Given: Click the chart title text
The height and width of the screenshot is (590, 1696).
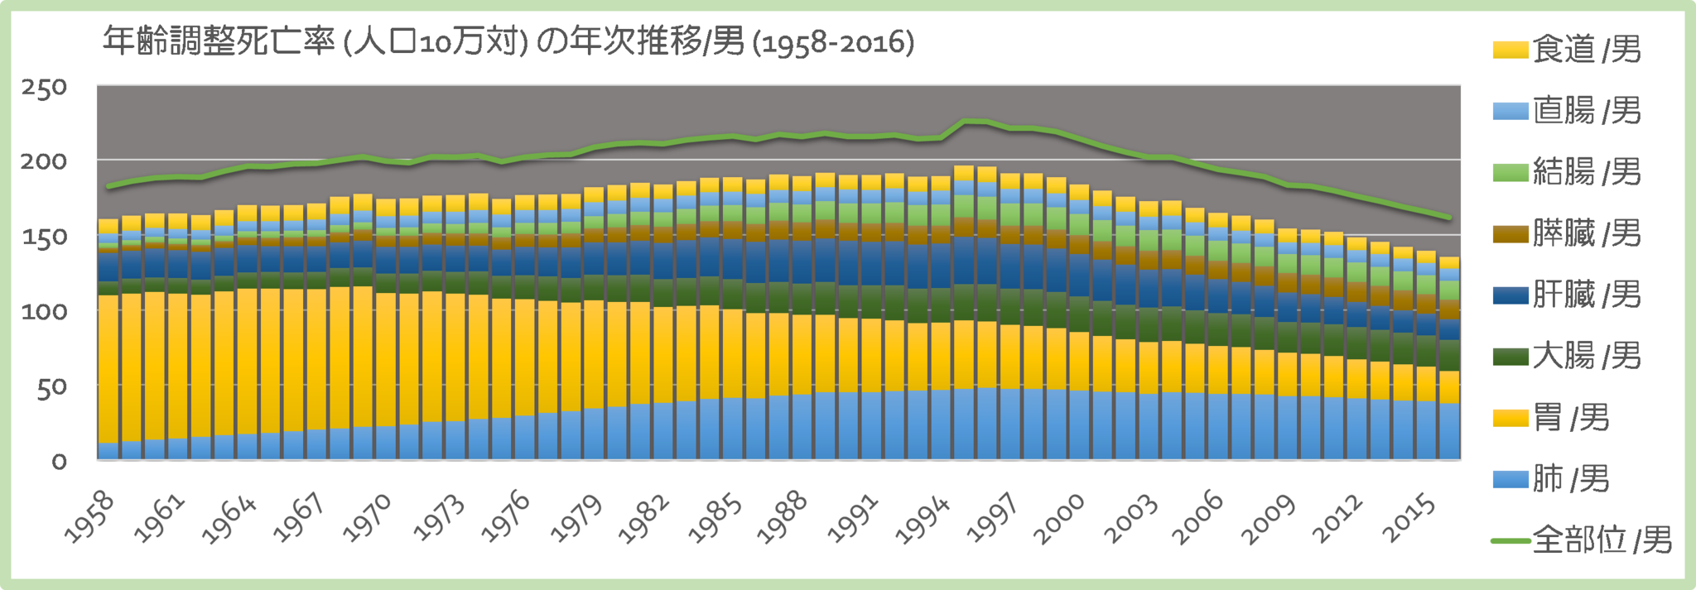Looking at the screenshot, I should [x=508, y=41].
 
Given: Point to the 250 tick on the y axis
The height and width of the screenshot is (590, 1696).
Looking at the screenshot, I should [x=44, y=88].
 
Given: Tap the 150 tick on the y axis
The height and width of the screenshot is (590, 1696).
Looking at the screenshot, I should [x=44, y=237].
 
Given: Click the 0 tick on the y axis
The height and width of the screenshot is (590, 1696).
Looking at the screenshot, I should [x=59, y=462].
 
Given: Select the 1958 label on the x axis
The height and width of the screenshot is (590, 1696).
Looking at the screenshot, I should [x=89, y=516].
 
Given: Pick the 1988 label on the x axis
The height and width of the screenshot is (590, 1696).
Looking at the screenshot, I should [x=783, y=516].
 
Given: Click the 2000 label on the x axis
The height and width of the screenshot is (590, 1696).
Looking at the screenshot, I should [x=1060, y=518].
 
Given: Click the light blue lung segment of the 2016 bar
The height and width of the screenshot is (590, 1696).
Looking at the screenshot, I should [x=1449, y=430].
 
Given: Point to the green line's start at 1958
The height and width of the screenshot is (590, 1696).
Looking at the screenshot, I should [x=108, y=186].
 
